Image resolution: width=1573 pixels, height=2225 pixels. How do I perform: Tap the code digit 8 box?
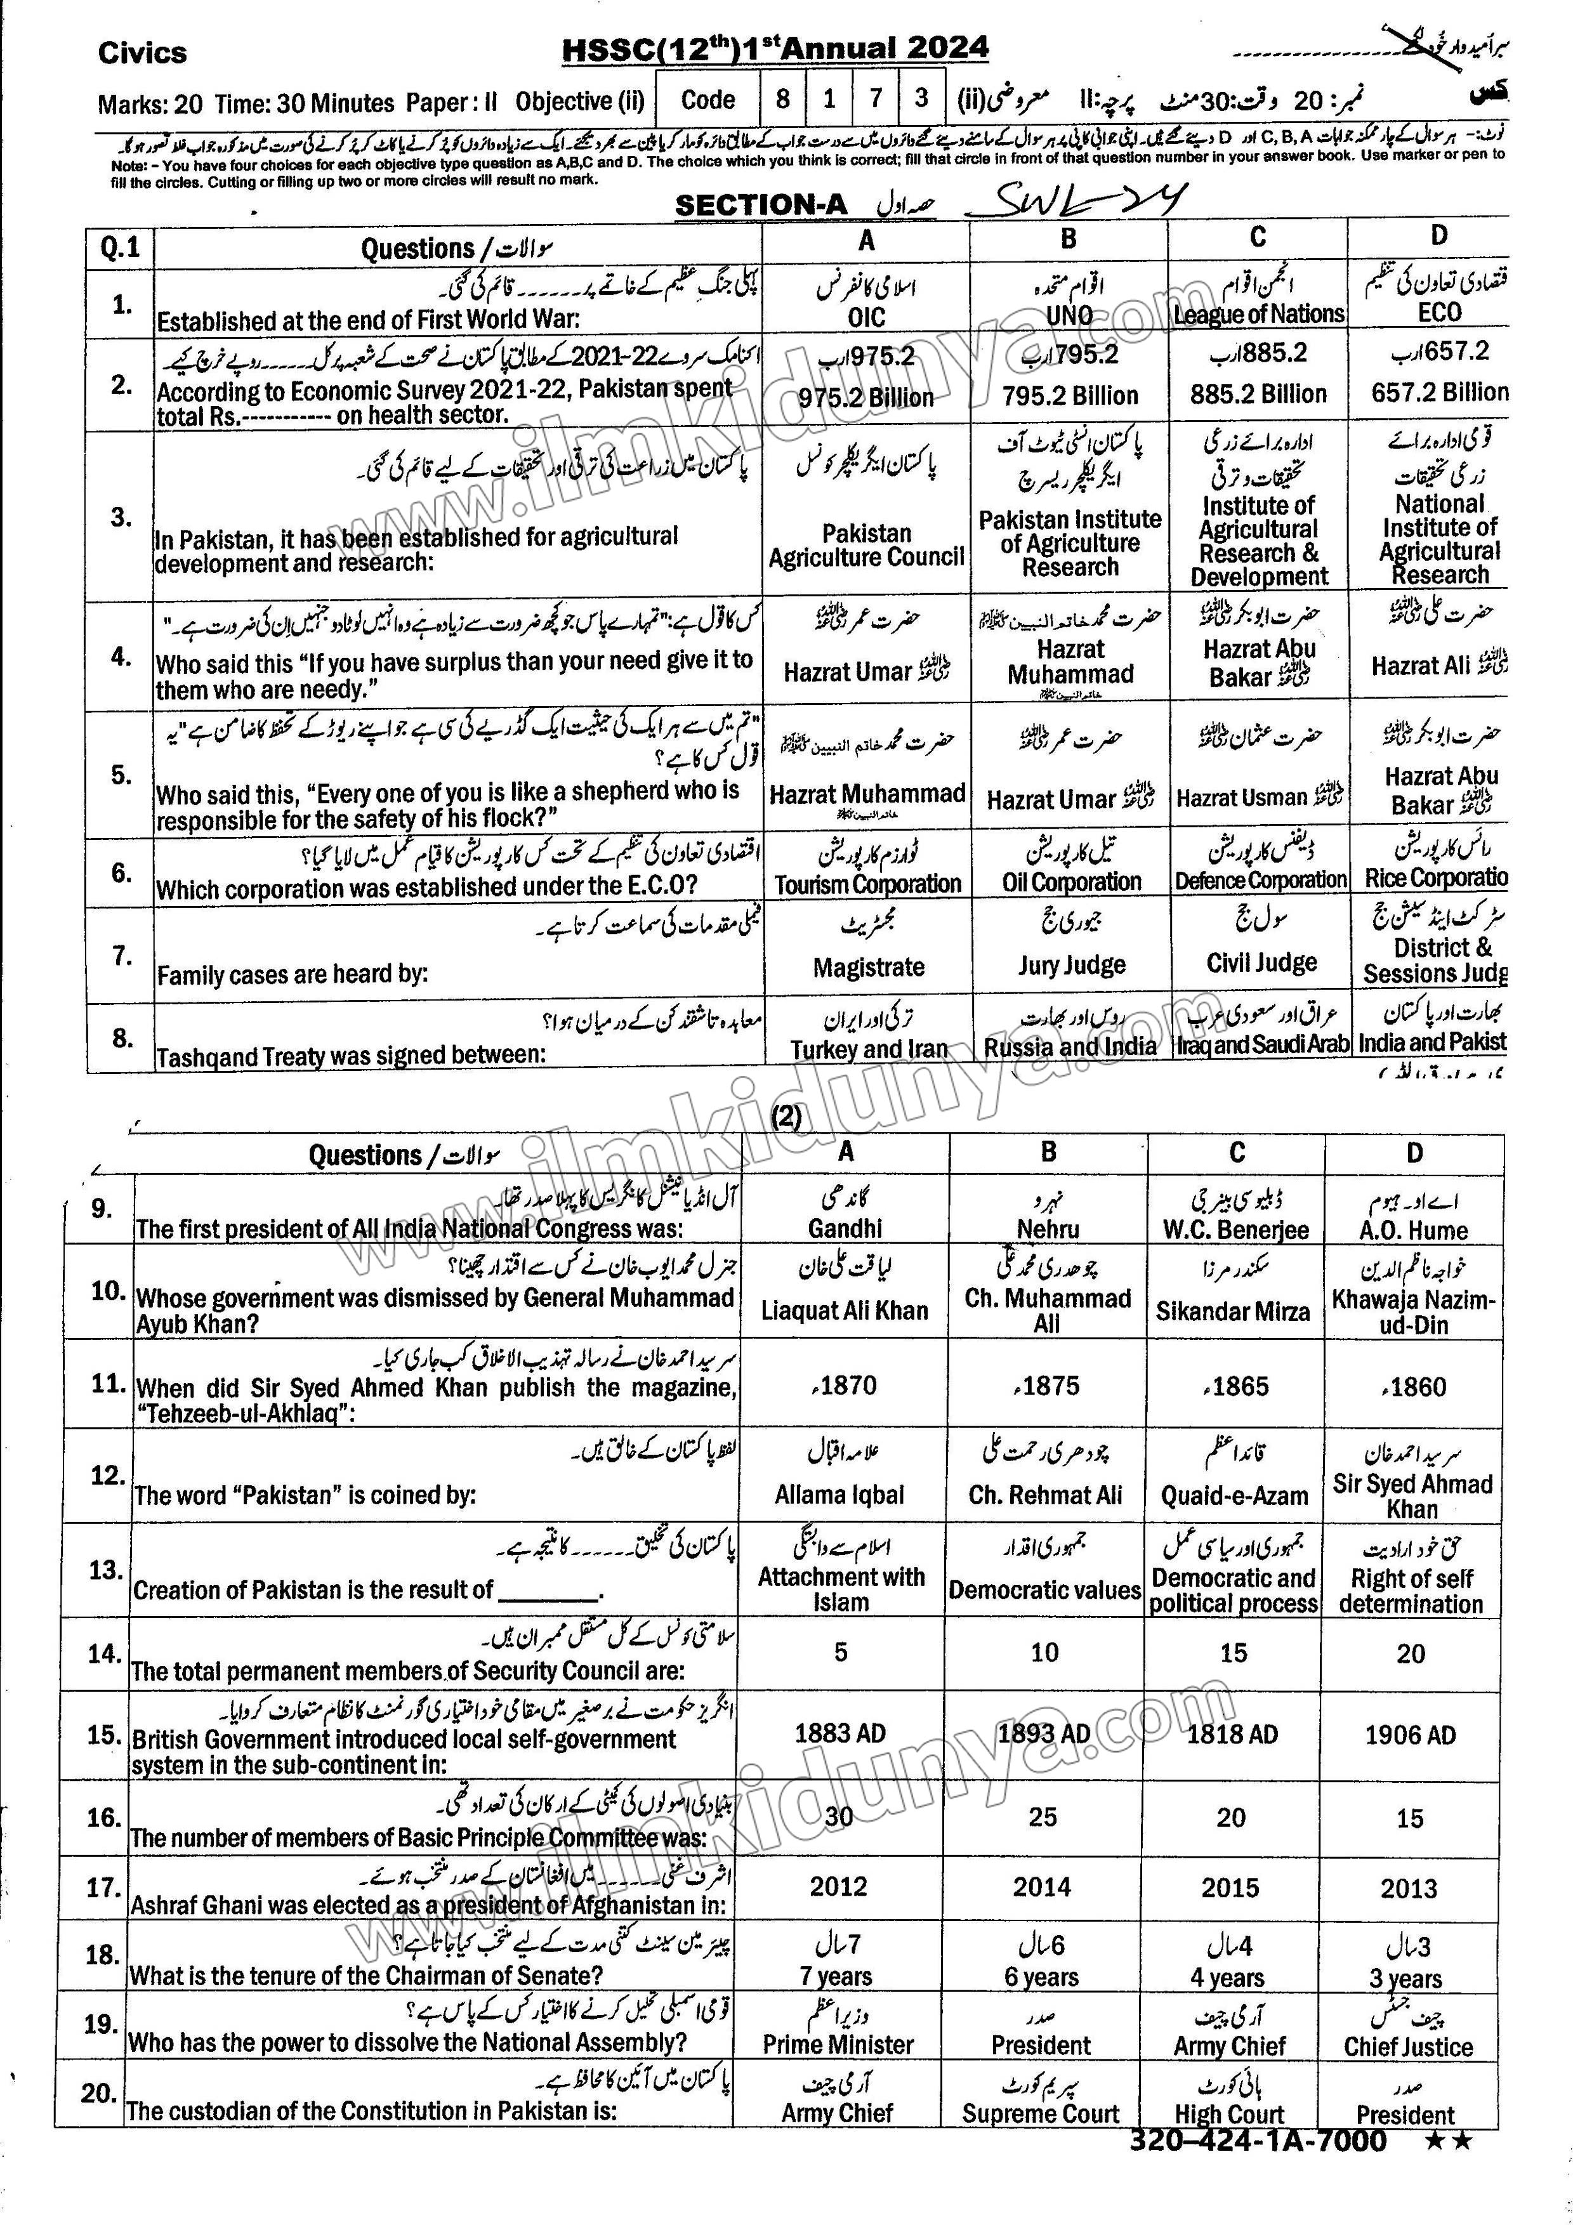782,98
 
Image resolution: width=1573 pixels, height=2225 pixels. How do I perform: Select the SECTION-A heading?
761,204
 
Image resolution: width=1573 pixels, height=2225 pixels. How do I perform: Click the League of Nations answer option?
1258,314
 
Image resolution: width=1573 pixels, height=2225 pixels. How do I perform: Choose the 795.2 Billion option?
1070,395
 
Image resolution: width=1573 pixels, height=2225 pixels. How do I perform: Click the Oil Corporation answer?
1071,882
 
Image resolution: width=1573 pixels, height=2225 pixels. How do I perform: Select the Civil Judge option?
1261,962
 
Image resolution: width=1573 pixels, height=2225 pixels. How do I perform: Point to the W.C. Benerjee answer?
1235,1230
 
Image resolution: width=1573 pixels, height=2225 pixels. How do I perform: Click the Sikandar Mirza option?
1233,1311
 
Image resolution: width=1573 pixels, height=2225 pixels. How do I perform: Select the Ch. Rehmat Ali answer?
1045,1495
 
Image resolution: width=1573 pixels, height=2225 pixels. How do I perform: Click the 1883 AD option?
840,1734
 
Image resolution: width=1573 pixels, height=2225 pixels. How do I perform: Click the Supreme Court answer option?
1040,2113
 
